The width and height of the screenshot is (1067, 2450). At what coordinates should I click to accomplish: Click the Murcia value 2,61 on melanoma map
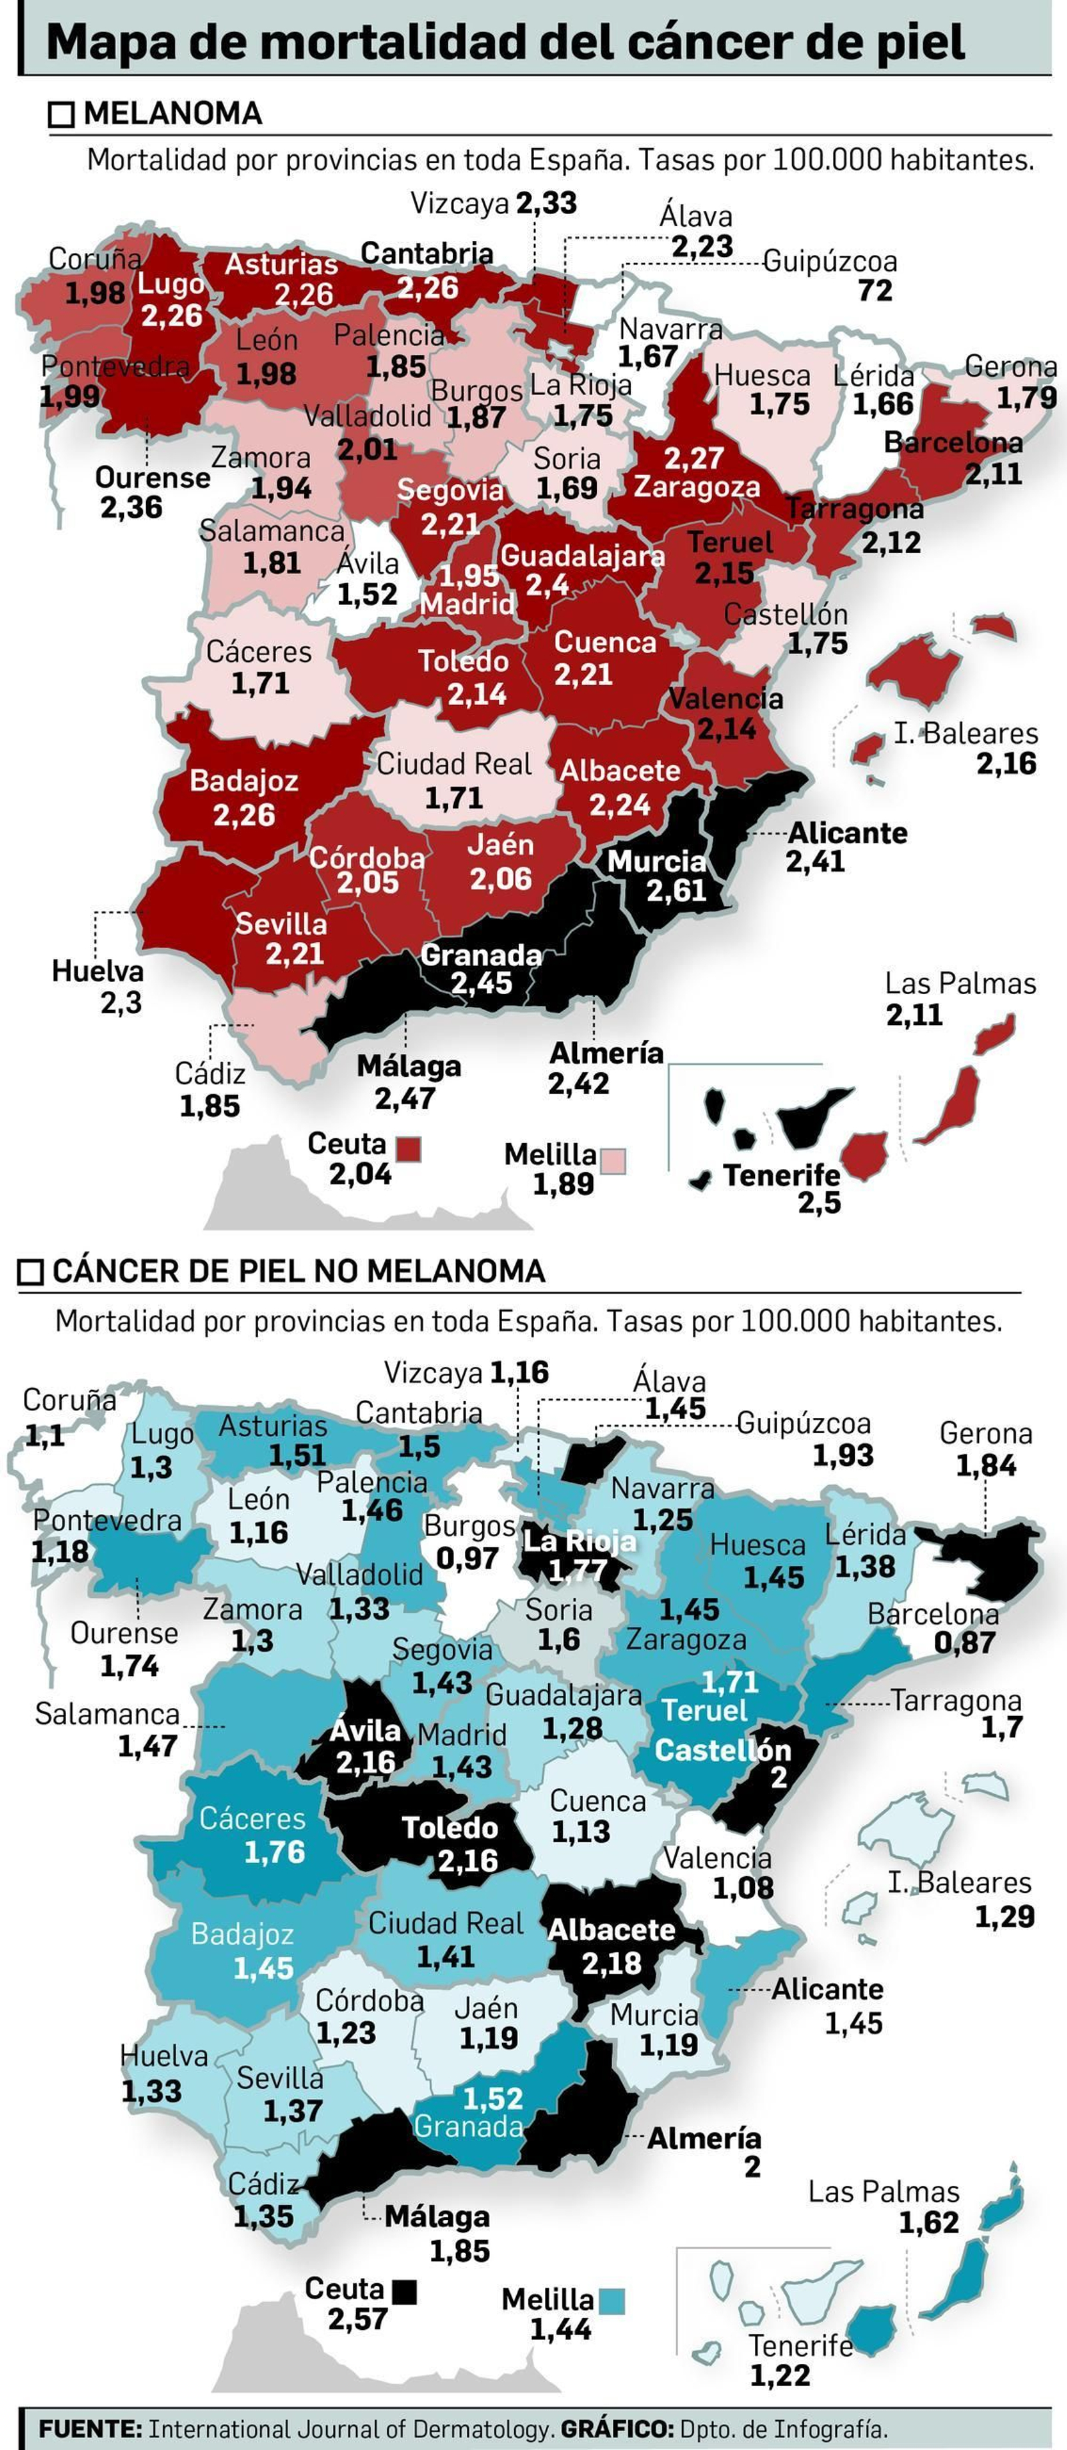coord(676,891)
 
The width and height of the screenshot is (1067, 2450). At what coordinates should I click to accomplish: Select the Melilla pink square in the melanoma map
coord(614,1161)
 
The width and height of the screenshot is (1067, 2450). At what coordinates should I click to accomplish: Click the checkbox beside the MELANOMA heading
coord(61,115)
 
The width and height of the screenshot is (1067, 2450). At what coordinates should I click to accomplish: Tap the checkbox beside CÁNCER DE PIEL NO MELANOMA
coord(31,1272)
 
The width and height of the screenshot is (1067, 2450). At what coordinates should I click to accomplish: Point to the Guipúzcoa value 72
coord(875,290)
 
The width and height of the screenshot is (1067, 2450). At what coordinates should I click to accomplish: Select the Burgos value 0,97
coord(467,1558)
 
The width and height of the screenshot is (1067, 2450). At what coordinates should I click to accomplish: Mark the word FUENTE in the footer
coord(90,2428)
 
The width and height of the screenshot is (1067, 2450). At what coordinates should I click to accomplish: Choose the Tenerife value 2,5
coord(819,1203)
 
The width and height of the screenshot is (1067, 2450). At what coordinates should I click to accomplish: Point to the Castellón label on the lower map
coord(723,1750)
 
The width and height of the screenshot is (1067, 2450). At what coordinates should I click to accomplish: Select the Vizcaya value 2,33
coord(547,203)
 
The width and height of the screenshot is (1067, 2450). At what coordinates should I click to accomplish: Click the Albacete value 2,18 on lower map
coord(612,1963)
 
